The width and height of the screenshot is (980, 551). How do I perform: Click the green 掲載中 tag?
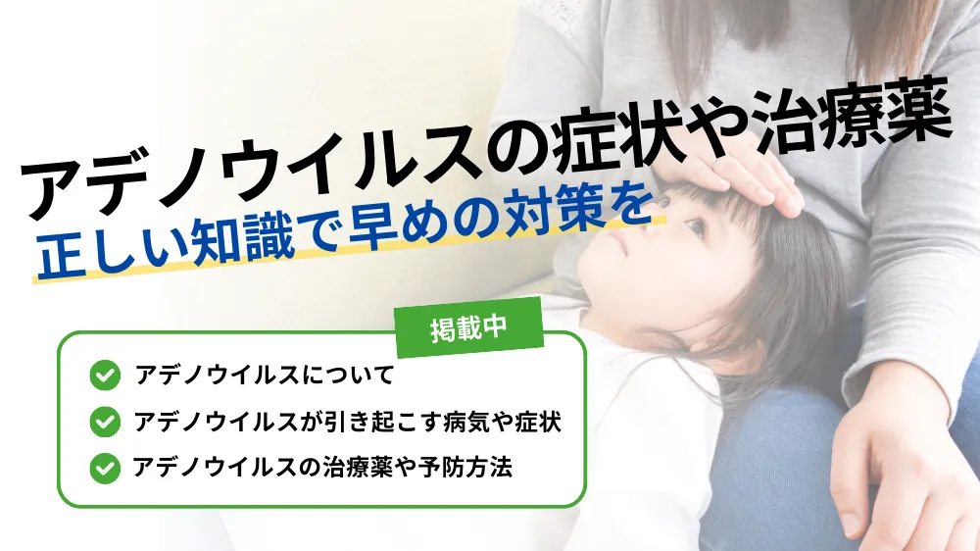[469, 327]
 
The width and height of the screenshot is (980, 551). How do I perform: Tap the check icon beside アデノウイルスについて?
[105, 376]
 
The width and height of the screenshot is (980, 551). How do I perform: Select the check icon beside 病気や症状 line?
[105, 422]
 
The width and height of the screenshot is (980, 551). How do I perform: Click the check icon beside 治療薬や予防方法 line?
[105, 468]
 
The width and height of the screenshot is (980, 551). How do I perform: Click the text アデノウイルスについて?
[265, 376]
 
